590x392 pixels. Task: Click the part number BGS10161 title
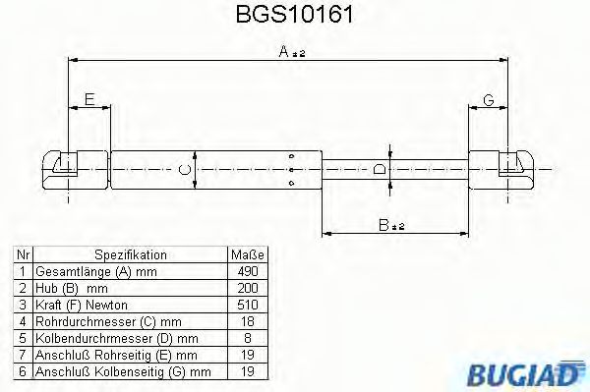(x=294, y=17)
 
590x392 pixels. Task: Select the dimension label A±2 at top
(x=291, y=53)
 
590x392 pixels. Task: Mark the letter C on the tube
(x=184, y=170)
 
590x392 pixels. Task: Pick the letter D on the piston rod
(x=380, y=170)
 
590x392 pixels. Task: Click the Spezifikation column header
(x=130, y=253)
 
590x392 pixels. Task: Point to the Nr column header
(x=22, y=253)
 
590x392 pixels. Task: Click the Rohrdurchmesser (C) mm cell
(x=94, y=320)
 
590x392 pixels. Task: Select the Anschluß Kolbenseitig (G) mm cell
(x=123, y=371)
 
